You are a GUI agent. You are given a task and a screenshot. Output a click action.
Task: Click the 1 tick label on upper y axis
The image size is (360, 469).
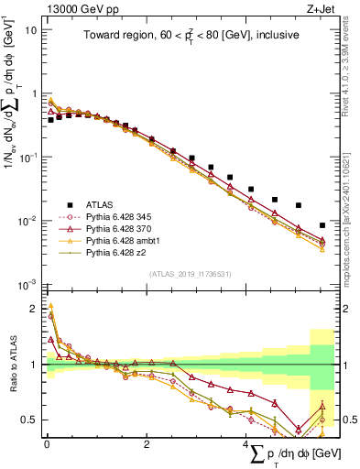33,93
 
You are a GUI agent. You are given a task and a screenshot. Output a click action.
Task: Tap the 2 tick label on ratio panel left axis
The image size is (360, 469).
34,309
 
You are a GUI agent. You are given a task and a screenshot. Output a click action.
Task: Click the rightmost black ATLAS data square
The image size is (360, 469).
321,225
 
